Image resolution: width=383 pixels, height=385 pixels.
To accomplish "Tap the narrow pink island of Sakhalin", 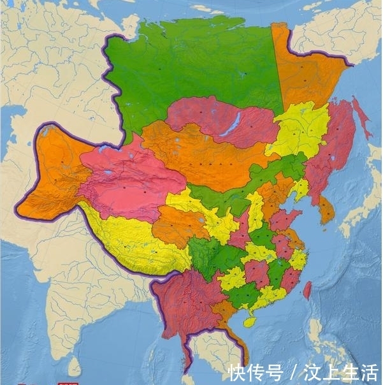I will (361, 118).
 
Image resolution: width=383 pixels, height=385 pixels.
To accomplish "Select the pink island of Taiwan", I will (307, 291).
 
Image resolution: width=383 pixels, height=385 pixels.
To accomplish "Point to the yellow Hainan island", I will (250, 323).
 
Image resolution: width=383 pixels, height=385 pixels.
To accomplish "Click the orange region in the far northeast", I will (306, 70).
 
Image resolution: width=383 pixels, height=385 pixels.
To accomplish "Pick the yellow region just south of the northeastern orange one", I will (300, 131).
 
